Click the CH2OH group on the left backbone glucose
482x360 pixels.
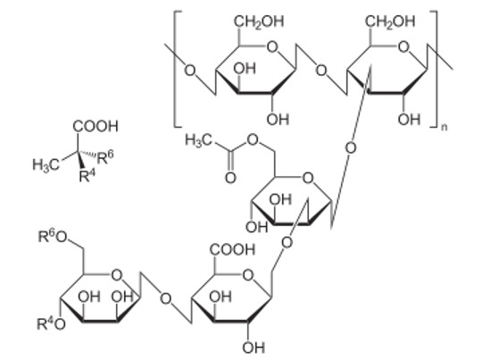coord(259,21)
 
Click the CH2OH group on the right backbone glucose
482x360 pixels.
coord(390,21)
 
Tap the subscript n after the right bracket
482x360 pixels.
coord(445,128)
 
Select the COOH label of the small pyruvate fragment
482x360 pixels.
coord(96,126)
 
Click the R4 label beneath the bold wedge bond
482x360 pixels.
coord(87,176)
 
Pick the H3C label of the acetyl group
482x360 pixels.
coord(198,140)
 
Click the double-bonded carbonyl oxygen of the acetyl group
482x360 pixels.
coord(230,178)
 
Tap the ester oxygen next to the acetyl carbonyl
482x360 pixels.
coord(253,140)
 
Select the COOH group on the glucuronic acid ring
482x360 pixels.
coord(233,249)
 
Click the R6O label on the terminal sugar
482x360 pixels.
coord(53,237)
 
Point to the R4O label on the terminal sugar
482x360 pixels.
coord(52,324)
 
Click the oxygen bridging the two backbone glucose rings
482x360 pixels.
coord(321,71)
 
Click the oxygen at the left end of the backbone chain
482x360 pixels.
coord(189,71)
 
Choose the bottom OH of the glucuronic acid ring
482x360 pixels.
coord(253,347)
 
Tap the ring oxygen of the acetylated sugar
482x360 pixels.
coord(308,178)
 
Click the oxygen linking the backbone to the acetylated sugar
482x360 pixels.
coord(351,148)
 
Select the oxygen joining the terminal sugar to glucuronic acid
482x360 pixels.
coord(166,298)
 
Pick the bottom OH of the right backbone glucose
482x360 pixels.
coord(409,120)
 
